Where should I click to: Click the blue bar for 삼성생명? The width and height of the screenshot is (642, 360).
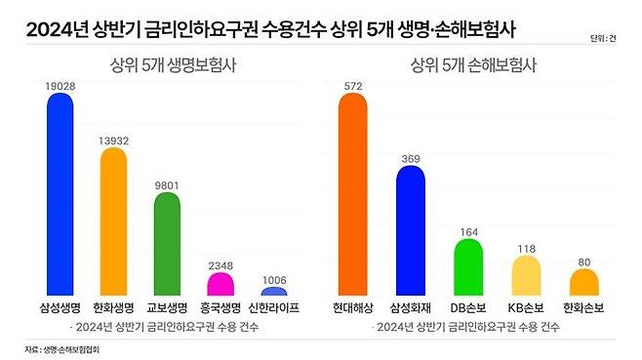point(60,195)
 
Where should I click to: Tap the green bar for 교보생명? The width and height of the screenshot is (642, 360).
point(168,245)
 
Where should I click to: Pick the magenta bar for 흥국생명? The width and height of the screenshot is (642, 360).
point(221,284)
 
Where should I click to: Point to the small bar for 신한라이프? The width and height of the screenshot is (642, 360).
point(274,292)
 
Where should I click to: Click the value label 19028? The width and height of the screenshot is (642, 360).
point(60,85)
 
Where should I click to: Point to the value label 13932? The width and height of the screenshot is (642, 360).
point(114,140)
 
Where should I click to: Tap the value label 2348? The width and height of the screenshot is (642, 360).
point(221,263)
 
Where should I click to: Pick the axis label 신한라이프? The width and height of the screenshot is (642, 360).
point(274,307)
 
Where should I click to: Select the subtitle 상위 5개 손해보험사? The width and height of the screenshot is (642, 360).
point(472,66)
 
